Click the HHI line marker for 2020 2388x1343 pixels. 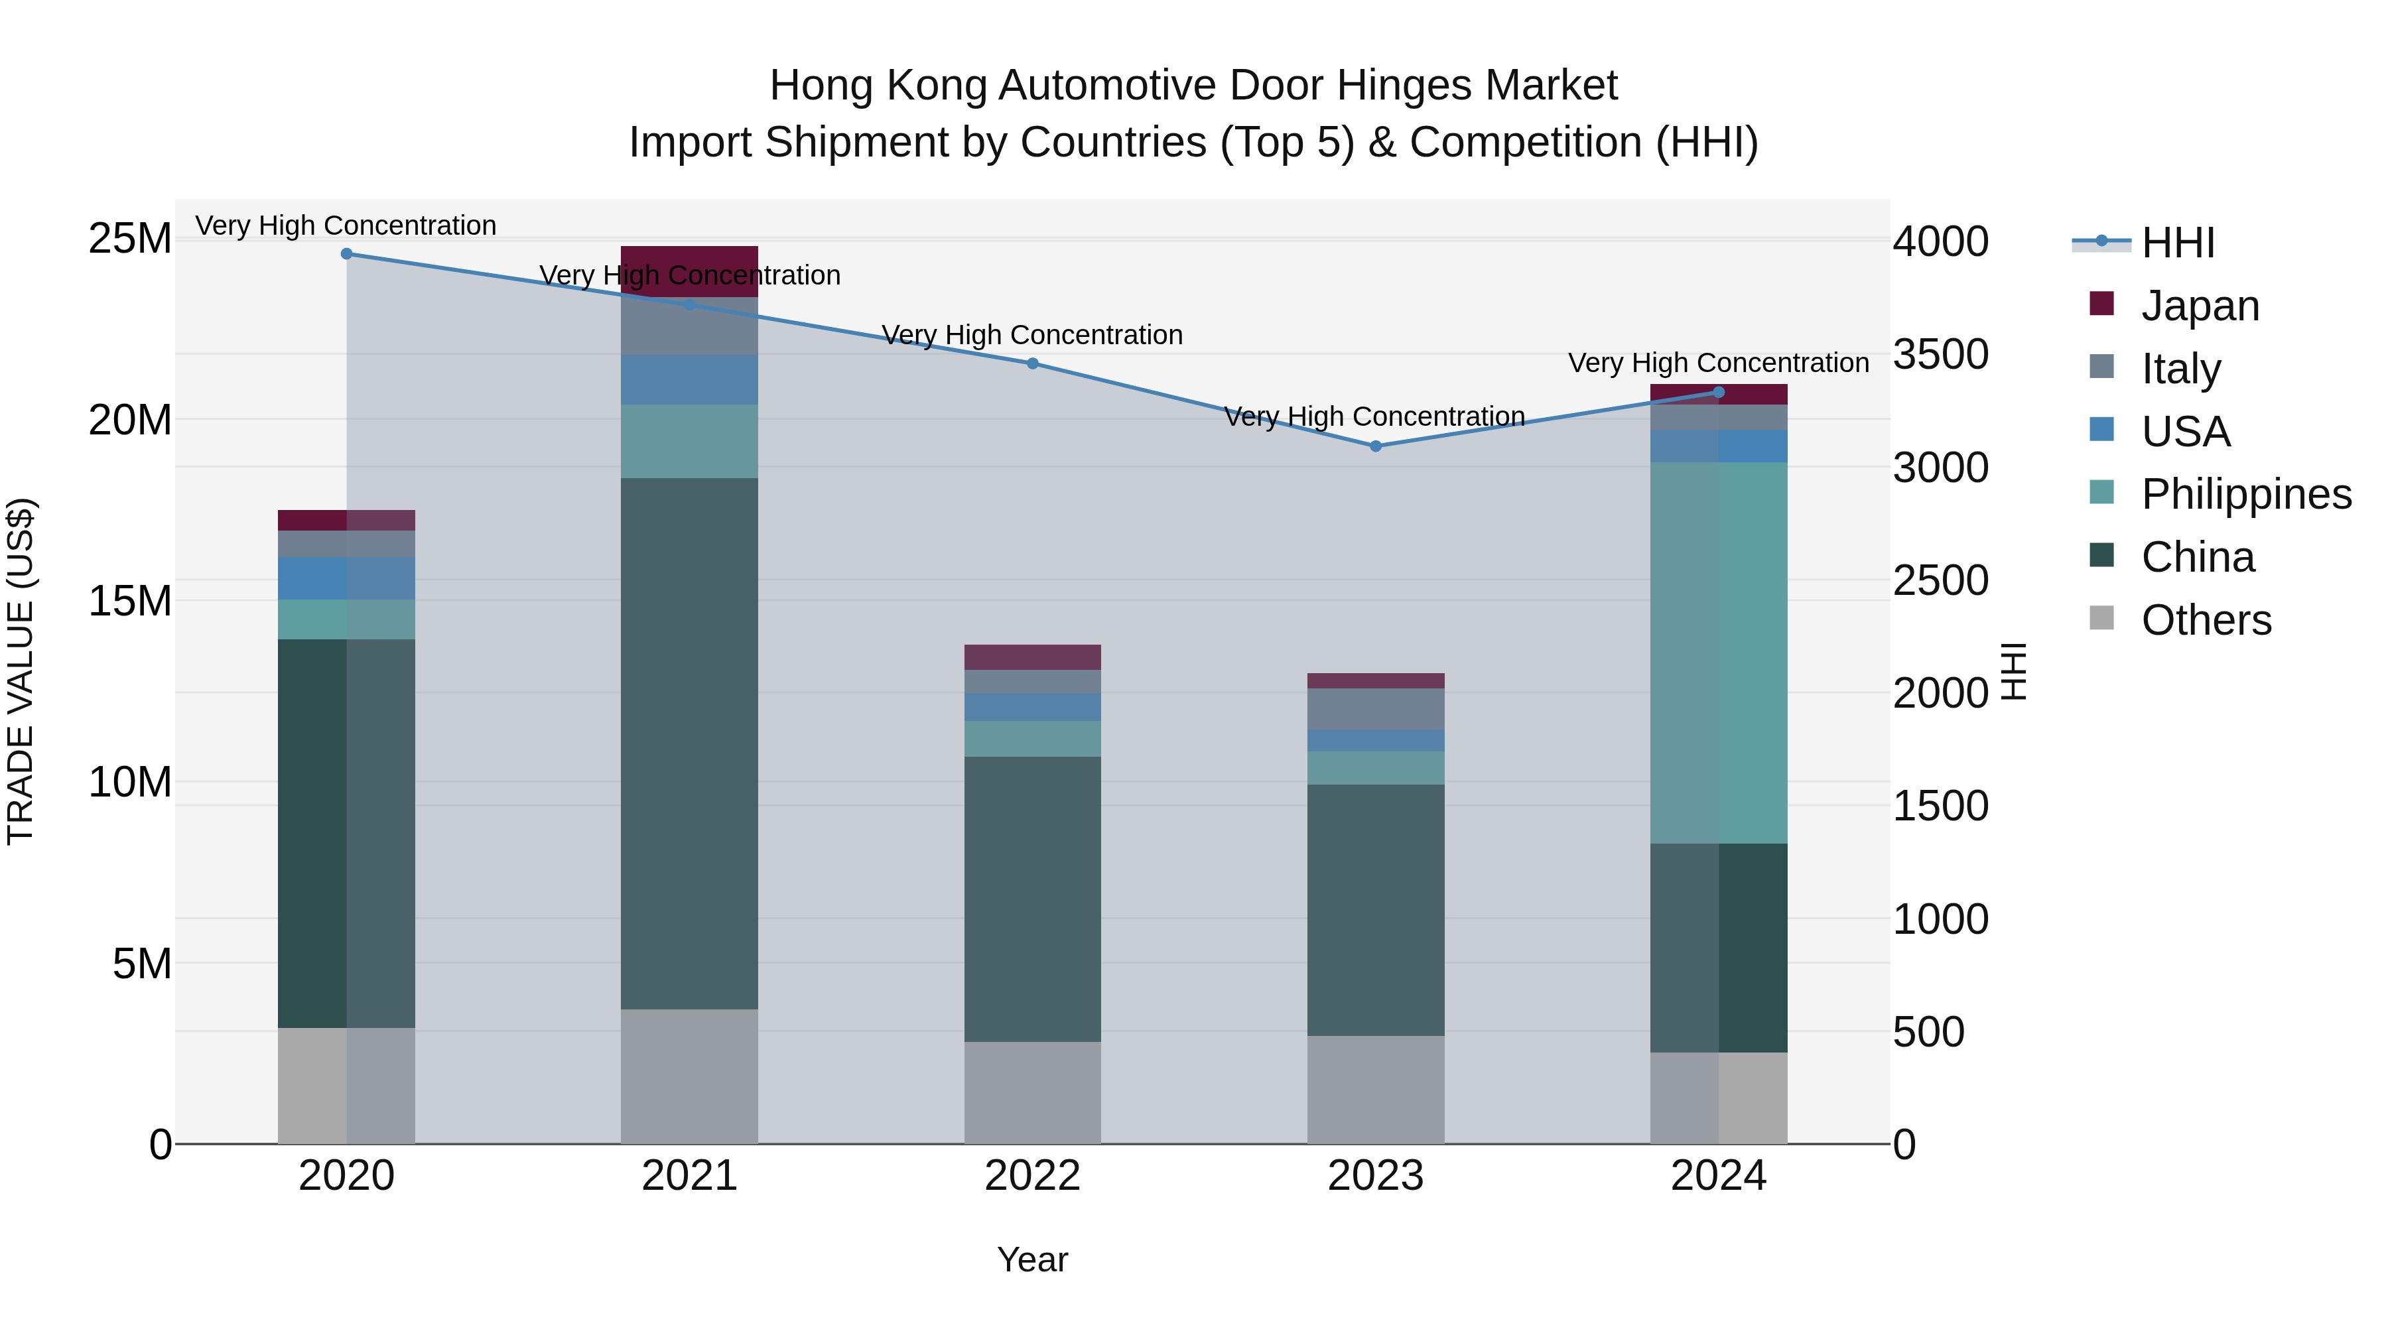pos(347,254)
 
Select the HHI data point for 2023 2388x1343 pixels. pos(1376,446)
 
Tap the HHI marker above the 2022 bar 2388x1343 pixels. pos(1033,363)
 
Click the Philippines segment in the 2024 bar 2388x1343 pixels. pos(1719,653)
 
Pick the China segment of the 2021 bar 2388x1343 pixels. pos(690,743)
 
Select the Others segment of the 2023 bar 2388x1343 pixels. pos(1376,1089)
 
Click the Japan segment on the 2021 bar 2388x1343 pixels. pos(690,271)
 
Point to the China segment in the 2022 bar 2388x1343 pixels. pos(1033,899)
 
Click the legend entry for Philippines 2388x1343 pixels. pos(2245,494)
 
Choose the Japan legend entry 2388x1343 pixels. pos(2199,306)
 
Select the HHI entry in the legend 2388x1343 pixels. pos(2176,243)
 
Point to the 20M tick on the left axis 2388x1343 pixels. pos(130,420)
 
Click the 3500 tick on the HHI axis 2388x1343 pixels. pos(1940,354)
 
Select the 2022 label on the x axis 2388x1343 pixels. pos(1033,1176)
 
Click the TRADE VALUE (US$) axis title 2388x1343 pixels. pos(21,671)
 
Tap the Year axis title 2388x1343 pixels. pos(1033,1259)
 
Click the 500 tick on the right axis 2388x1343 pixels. pos(1928,1031)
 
